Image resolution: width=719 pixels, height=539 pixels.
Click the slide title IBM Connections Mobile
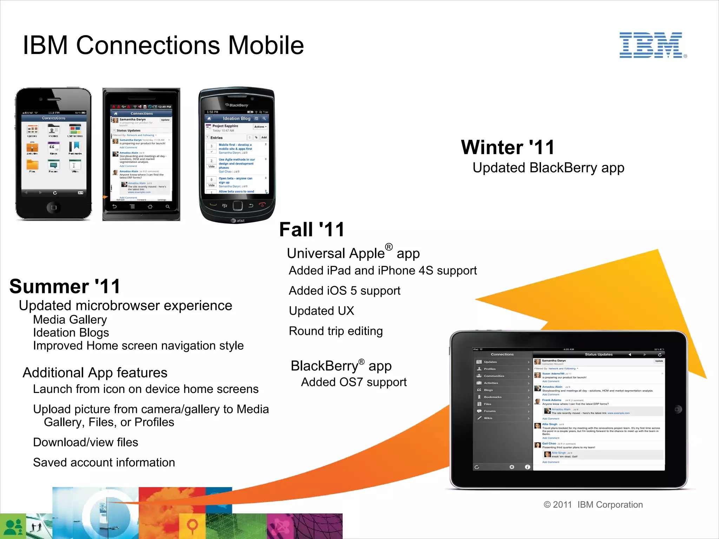coord(163,45)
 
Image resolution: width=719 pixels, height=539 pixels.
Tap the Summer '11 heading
coord(65,286)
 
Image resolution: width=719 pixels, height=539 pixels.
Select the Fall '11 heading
coord(312,230)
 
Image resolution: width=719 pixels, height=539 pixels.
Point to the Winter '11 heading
coord(508,147)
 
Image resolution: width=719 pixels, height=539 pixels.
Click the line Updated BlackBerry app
coord(548,168)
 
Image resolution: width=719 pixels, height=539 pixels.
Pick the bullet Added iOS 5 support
coord(344,291)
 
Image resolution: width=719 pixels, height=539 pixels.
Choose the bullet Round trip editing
coord(336,331)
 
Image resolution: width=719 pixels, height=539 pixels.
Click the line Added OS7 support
coord(354,382)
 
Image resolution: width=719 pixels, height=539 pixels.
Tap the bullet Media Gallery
coord(70,320)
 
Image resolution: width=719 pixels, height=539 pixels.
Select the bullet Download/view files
coord(86,442)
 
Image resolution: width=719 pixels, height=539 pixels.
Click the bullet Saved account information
coord(104,463)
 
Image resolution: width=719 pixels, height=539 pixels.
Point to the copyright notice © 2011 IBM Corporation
coord(593,505)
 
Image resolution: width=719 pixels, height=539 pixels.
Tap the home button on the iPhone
coord(53,207)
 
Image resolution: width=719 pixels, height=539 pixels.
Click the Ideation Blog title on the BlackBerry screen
coord(236,119)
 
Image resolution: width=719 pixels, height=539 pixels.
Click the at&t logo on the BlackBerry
coord(238,221)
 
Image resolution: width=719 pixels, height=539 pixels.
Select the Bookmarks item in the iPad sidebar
coord(493,397)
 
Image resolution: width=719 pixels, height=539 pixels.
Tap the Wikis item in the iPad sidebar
coord(488,418)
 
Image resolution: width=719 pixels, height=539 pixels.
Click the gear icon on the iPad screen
coord(512,467)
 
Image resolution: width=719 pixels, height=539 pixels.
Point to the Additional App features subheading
coord(95,373)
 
